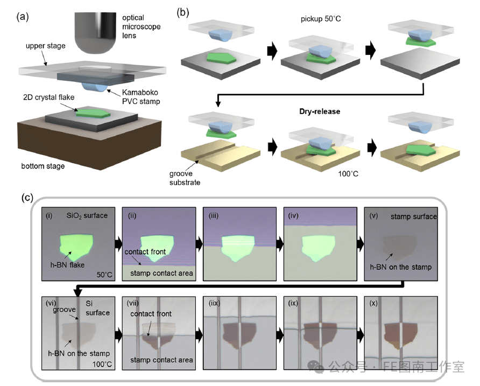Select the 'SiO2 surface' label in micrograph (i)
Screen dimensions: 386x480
click(x=86, y=215)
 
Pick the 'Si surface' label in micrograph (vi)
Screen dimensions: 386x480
click(x=97, y=308)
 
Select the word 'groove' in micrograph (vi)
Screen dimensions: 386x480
click(x=64, y=311)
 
